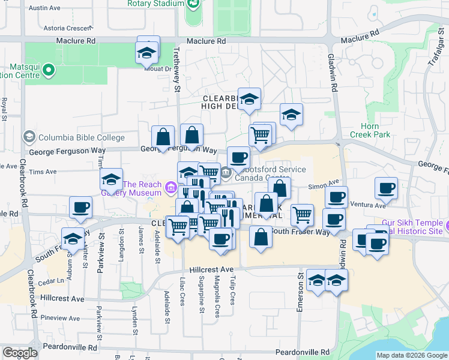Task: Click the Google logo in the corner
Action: (20, 353)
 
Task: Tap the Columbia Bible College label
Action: (72, 137)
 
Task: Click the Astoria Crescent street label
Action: (70, 28)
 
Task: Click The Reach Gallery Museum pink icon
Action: (171, 188)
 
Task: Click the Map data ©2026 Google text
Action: (411, 355)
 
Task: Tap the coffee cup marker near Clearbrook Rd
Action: (80, 208)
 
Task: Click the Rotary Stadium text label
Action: (155, 4)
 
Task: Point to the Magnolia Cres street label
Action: (217, 302)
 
